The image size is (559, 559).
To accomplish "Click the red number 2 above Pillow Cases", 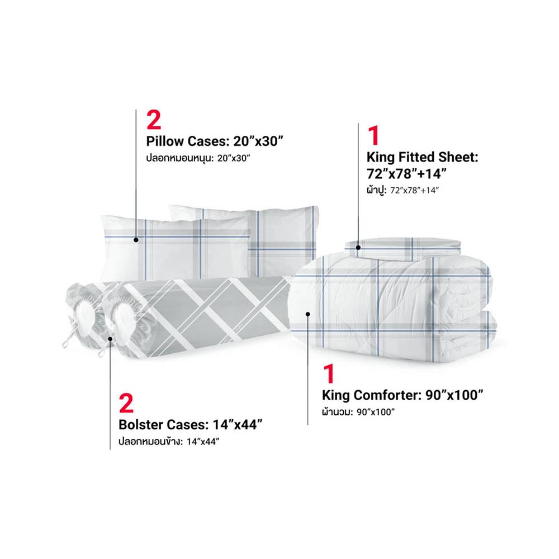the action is tap(154, 120).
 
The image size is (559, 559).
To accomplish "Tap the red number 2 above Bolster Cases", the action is tap(126, 404).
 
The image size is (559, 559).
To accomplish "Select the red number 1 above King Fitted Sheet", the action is tap(373, 136).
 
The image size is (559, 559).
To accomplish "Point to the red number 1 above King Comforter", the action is tap(329, 374).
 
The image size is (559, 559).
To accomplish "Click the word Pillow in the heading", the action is tap(165, 141).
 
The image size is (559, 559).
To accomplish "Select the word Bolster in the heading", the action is tap(141, 425).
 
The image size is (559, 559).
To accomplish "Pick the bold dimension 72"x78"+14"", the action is tap(406, 174).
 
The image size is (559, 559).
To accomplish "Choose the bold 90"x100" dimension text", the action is tap(454, 395).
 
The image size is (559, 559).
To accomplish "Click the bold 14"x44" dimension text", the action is tap(238, 425).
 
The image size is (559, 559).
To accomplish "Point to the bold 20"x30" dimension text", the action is tap(258, 141).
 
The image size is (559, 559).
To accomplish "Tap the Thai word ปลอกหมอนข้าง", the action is tap(151, 442).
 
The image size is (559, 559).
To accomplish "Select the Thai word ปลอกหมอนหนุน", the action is tap(179, 158).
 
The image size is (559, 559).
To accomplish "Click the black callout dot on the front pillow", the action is tap(136, 240).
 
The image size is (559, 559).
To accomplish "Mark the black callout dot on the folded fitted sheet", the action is tap(358, 248).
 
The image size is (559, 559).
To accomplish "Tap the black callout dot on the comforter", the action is tap(308, 314).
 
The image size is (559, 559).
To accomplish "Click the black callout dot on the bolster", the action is tap(111, 339).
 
